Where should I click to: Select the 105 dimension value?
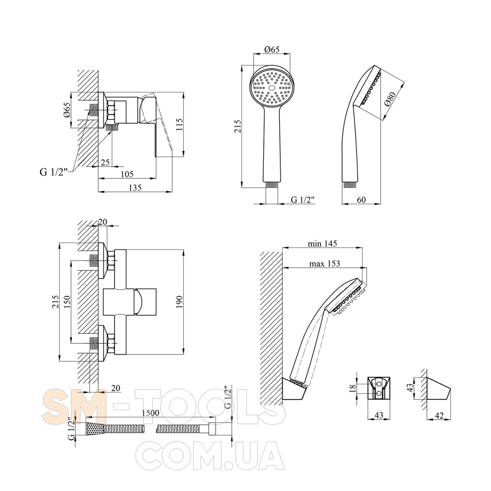coord(127,174)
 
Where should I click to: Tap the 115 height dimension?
coord(179,124)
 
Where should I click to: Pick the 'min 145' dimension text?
coord(322,243)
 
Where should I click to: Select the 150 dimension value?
coord(67,302)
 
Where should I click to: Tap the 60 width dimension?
coord(361,200)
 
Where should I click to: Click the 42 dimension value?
coord(439,416)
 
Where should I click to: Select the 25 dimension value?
coord(105,162)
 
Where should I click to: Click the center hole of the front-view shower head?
coord(272,88)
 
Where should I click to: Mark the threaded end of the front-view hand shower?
coord(272,185)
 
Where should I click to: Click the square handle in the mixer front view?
coord(146,302)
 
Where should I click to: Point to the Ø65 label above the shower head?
coord(272,49)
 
